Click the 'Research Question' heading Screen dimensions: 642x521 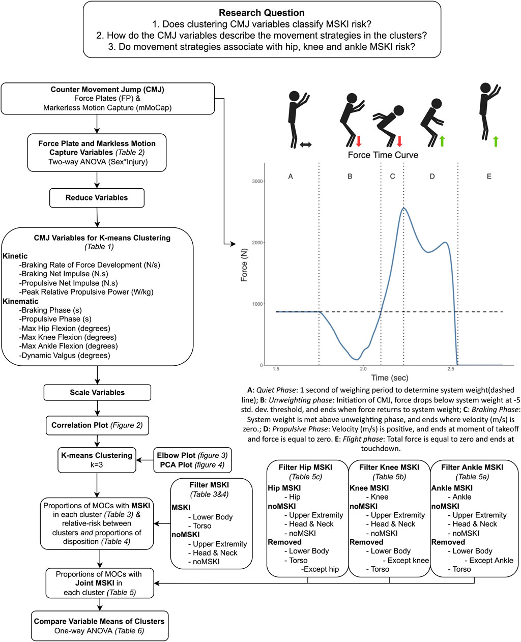pyautogui.click(x=262, y=13)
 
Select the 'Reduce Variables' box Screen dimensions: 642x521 pyautogui.click(x=97, y=198)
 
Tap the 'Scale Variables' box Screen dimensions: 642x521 pyautogui.click(x=97, y=392)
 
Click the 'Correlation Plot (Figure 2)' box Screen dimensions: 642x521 pyautogui.click(x=97, y=425)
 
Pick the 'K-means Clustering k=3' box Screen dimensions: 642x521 pyautogui.click(x=97, y=460)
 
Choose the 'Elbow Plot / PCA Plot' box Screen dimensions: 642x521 pyautogui.click(x=192, y=460)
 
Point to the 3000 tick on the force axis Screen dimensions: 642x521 pyautogui.click(x=257, y=182)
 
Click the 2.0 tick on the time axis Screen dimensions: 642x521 pyautogui.click(x=362, y=368)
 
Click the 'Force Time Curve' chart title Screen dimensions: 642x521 pyautogui.click(x=383, y=155)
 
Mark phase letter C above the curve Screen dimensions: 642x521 pyautogui.click(x=392, y=177)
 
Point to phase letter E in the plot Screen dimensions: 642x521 pyautogui.click(x=489, y=177)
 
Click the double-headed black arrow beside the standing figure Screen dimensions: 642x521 pyautogui.click(x=306, y=145)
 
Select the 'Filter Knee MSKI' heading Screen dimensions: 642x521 pyautogui.click(x=389, y=467)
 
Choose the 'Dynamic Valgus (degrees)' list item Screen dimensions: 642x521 pyautogui.click(x=65, y=355)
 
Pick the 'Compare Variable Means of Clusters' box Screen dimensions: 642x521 pyautogui.click(x=99, y=621)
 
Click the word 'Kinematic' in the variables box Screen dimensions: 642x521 pyautogui.click(x=22, y=301)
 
